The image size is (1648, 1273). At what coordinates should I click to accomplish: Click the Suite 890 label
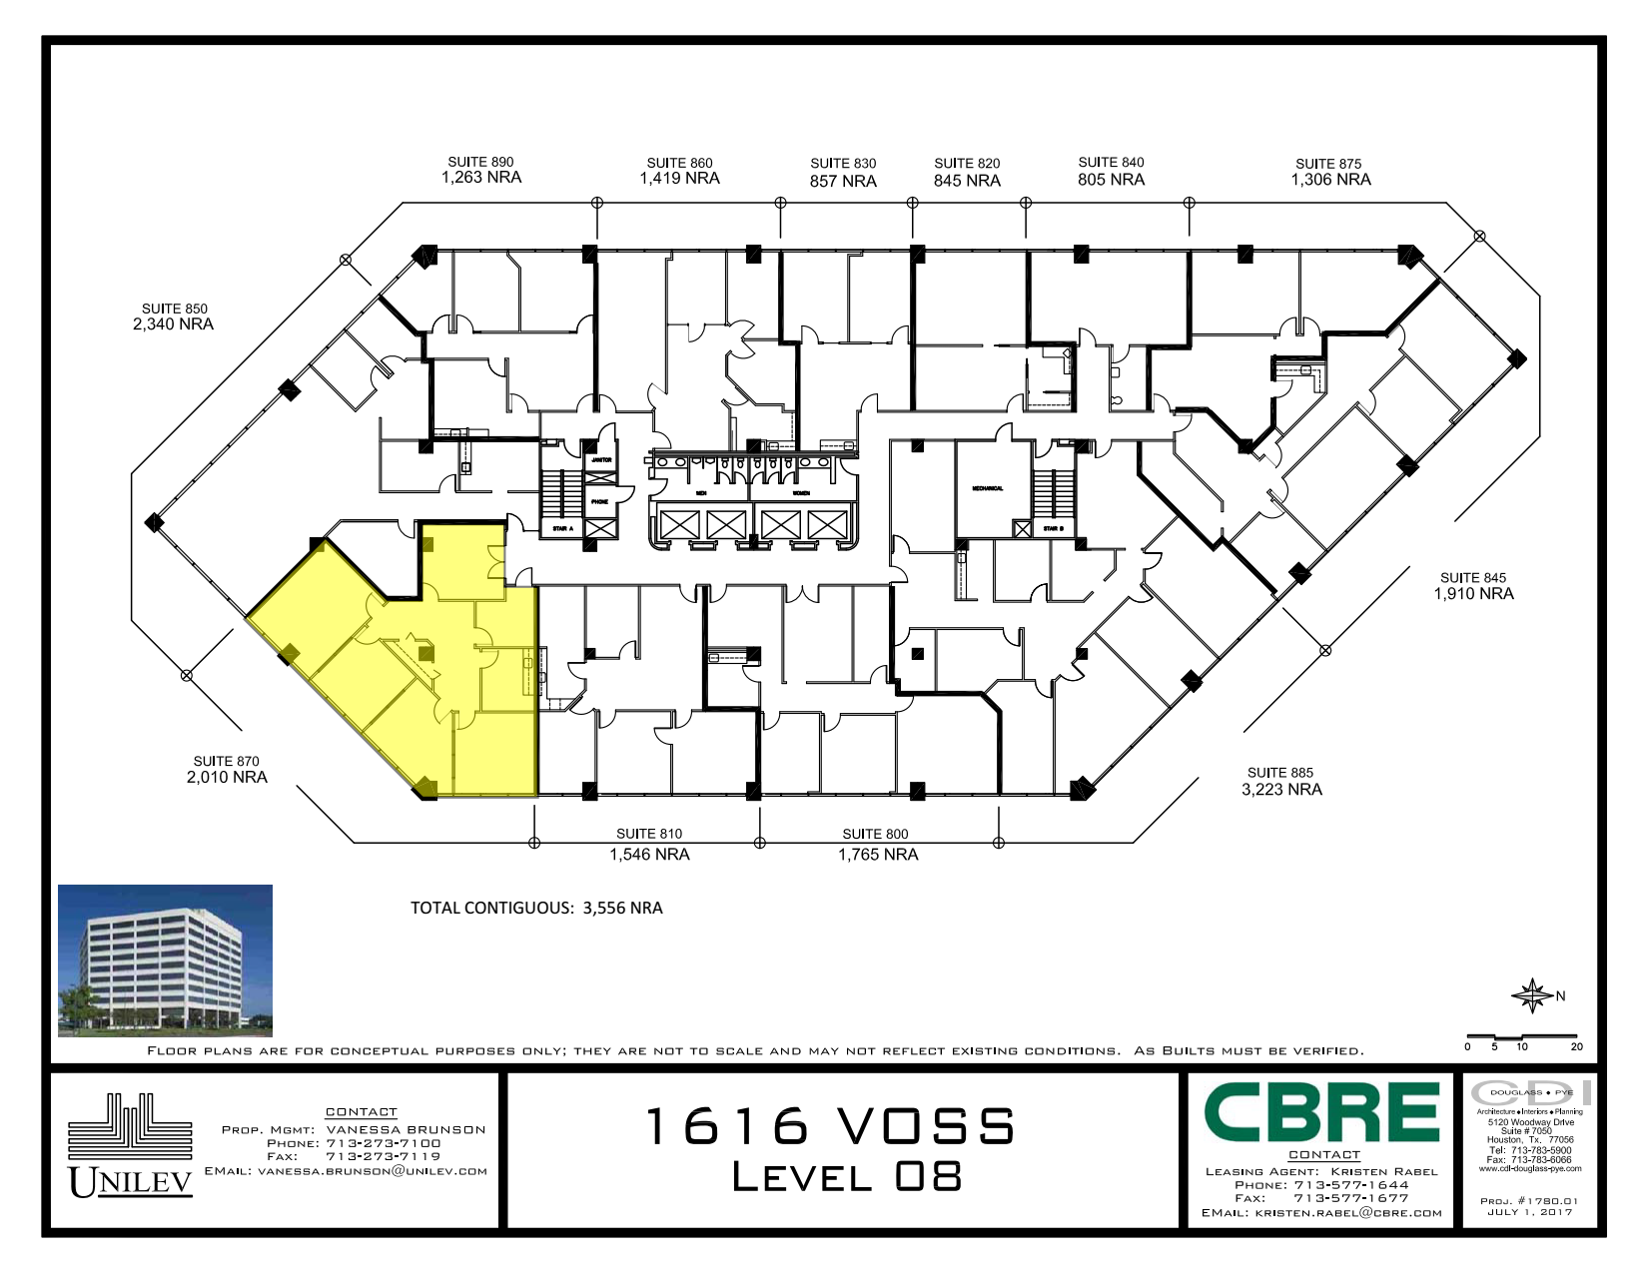pyautogui.click(x=480, y=162)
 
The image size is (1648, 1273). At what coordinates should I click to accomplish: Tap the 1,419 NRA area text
pyautogui.click(x=679, y=179)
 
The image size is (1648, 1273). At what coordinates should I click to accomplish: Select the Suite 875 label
pyautogui.click(x=1328, y=164)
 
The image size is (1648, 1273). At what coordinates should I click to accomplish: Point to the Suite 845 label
pyautogui.click(x=1472, y=578)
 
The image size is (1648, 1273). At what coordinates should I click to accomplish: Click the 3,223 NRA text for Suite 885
pyautogui.click(x=1281, y=790)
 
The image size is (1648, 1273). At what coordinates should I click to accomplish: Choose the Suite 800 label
pyautogui.click(x=875, y=835)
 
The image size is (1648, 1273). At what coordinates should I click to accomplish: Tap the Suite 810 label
pyautogui.click(x=649, y=835)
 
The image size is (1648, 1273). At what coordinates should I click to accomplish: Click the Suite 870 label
pyautogui.click(x=226, y=762)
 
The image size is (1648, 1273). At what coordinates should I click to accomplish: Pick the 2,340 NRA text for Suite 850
pyautogui.click(x=173, y=324)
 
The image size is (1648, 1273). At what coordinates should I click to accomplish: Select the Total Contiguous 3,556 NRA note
pyautogui.click(x=536, y=909)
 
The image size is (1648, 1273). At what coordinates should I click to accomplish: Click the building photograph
pyautogui.click(x=165, y=960)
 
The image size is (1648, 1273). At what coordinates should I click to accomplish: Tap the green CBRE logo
pyautogui.click(x=1321, y=1112)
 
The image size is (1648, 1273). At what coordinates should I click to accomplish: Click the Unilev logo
pyautogui.click(x=130, y=1148)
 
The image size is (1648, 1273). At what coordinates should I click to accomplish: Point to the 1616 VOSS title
pyautogui.click(x=830, y=1127)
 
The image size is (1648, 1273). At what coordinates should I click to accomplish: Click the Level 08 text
pyautogui.click(x=846, y=1177)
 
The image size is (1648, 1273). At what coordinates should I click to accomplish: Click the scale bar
pyautogui.click(x=1521, y=1038)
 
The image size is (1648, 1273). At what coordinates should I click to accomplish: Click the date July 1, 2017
pyautogui.click(x=1529, y=1212)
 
